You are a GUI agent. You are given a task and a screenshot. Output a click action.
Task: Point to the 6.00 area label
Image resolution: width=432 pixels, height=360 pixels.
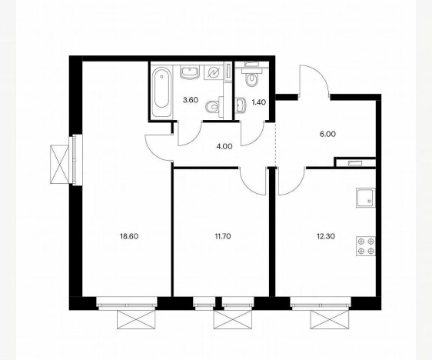tap(327, 132)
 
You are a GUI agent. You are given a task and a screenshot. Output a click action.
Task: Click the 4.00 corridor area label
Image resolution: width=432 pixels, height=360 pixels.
tap(223, 145)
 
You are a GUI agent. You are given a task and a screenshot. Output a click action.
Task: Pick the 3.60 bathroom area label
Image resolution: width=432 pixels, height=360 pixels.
tap(189, 100)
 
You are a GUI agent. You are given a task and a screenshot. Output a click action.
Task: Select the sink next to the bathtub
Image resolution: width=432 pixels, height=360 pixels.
tap(189, 73)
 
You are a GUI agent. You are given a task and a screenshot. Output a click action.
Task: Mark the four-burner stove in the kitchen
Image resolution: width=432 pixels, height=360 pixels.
tap(365, 245)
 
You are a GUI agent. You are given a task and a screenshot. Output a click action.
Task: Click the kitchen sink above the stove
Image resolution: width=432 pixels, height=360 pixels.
tap(364, 198)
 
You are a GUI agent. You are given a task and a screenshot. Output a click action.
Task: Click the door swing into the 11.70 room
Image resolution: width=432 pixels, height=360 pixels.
tap(253, 182)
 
